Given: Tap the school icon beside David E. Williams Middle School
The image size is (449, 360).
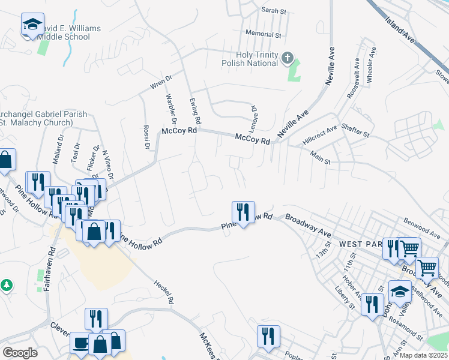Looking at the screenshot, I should (x=32, y=25).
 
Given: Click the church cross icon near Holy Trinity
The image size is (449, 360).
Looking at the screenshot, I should (x=288, y=58).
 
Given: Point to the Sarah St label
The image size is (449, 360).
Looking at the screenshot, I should (x=275, y=10).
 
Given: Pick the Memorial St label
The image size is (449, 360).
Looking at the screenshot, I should (x=263, y=35).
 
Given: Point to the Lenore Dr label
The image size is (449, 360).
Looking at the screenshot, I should (x=254, y=116).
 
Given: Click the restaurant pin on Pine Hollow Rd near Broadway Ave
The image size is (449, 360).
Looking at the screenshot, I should (x=243, y=212).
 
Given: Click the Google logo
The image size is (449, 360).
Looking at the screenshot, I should (x=20, y=353).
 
